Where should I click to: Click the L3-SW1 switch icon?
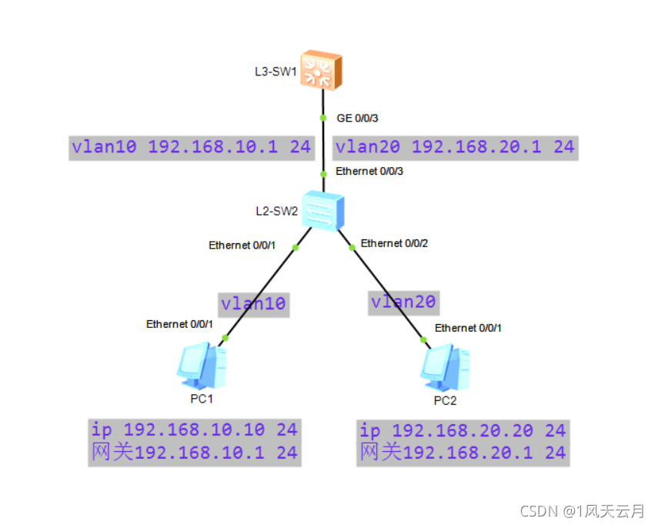tap(321, 70)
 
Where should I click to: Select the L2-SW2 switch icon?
tap(323, 210)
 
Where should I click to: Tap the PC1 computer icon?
tap(202, 366)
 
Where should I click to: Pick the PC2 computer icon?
tap(445, 367)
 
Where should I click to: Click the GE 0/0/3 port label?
tap(357, 119)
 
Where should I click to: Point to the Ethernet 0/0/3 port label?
tap(369, 171)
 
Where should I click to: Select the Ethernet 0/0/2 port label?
tap(394, 243)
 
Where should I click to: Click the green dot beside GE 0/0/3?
tap(323, 119)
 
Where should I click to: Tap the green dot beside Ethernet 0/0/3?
tap(323, 174)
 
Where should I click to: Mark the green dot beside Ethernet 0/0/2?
tap(353, 248)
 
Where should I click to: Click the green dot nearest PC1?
tap(226, 338)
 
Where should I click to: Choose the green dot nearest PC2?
tap(423, 340)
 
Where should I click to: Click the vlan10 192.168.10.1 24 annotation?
tap(192, 148)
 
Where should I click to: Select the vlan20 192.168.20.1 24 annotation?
tap(456, 148)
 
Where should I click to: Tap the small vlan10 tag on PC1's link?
tap(253, 305)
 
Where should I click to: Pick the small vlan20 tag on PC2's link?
tap(403, 303)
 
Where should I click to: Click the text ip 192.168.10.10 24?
tap(195, 430)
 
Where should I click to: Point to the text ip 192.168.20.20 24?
tap(463, 431)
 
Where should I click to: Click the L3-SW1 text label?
tap(276, 72)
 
